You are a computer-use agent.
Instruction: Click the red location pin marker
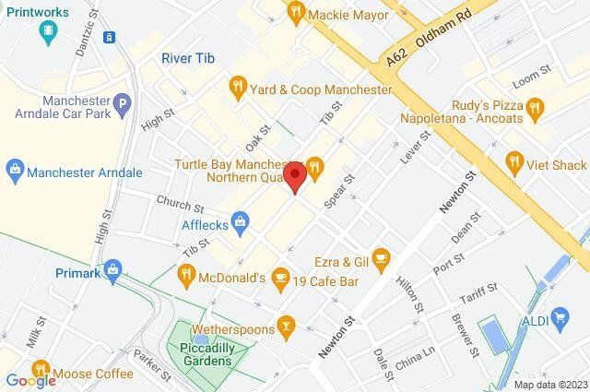click(295, 177)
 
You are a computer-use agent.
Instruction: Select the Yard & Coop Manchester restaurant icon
click(237, 89)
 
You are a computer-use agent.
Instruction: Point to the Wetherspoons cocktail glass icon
click(288, 327)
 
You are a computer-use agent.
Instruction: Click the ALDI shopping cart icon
click(559, 320)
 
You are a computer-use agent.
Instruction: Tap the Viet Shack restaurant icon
click(513, 164)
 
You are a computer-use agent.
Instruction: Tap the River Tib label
click(188, 57)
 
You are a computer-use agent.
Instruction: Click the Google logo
click(30, 380)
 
